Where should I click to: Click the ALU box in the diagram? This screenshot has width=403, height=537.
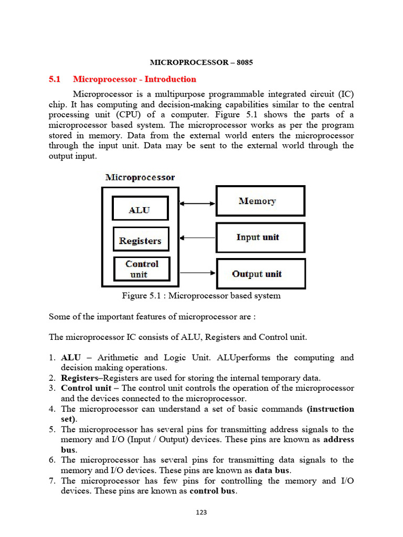tap(140, 208)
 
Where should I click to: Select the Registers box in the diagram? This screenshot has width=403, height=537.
tap(141, 239)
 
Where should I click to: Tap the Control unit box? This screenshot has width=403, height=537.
tap(142, 269)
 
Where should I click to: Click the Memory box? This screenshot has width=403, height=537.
tap(260, 201)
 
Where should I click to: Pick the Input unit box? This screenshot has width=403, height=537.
tap(260, 238)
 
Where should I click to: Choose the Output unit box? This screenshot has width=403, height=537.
tap(260, 274)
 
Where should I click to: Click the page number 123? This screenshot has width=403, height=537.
tap(201, 512)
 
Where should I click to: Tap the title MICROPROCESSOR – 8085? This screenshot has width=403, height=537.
tap(201, 62)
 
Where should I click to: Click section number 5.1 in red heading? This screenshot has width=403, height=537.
tap(55, 79)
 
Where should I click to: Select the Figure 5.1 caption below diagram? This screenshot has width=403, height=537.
tap(201, 296)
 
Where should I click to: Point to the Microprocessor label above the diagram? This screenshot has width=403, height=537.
tap(140, 177)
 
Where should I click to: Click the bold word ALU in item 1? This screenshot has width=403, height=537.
tap(70, 358)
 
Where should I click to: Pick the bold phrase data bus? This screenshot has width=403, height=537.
tap(272, 470)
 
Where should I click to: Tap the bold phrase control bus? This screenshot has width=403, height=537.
tap(213, 491)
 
